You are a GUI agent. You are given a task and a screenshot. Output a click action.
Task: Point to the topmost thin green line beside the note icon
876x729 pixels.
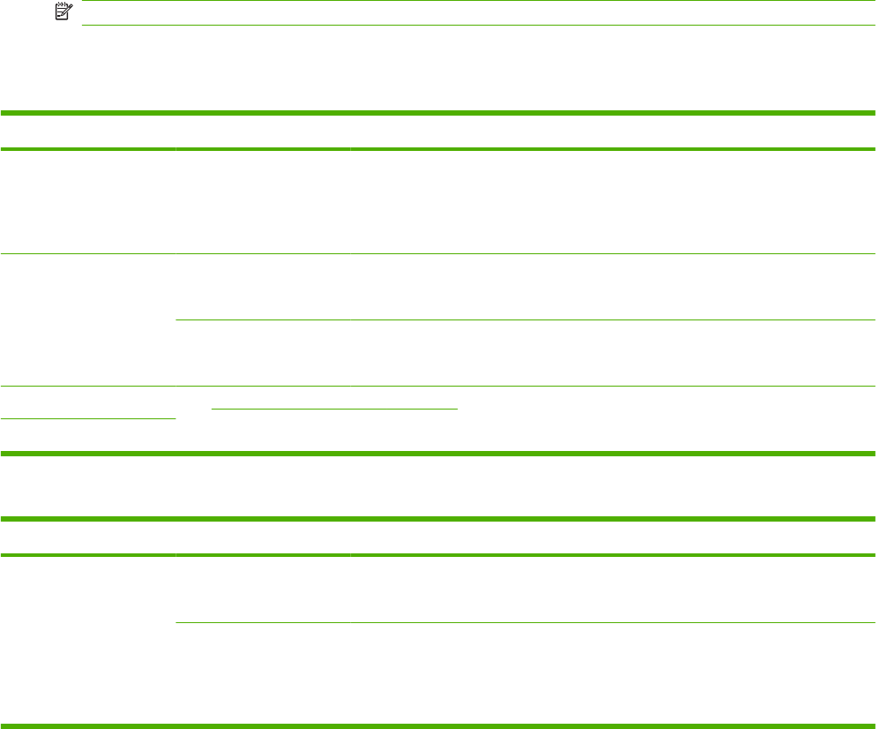476,1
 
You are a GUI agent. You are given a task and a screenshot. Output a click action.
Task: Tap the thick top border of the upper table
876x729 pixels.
438,113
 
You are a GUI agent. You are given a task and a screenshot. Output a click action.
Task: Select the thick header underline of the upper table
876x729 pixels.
438,149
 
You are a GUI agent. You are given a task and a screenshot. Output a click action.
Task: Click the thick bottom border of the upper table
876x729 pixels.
438,454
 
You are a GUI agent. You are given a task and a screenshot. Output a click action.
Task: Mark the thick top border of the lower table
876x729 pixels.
438,520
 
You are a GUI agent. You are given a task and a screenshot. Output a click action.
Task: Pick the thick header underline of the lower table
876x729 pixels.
438,555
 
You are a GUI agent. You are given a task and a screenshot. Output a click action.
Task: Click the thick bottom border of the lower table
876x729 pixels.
438,726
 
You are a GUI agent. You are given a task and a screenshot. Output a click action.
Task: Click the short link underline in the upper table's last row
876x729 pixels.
335,409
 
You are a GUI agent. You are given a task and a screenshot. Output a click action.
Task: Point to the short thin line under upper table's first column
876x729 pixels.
87,419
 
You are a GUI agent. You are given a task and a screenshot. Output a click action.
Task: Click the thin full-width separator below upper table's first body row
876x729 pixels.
438,254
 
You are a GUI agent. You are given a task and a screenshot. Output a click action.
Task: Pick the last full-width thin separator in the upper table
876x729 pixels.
438,386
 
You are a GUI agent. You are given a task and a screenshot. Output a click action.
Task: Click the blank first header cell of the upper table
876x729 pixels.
87,132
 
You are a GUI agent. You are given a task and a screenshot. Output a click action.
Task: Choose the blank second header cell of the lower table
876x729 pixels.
262,537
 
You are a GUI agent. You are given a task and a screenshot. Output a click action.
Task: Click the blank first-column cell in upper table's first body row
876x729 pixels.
87,201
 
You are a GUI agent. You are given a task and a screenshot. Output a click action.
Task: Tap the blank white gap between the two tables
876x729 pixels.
438,486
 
